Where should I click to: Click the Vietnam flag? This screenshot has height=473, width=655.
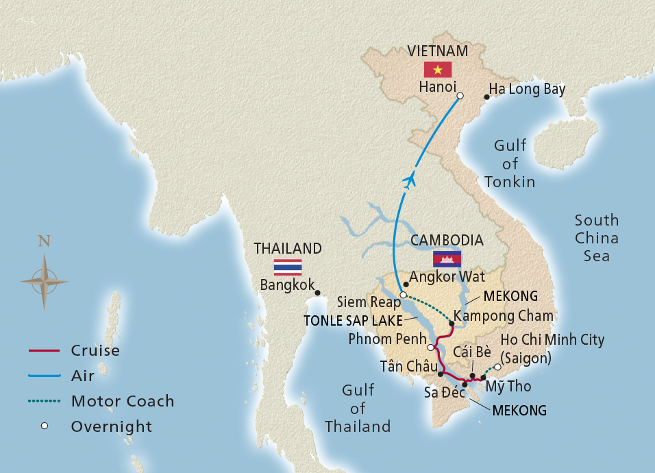click(x=438, y=69)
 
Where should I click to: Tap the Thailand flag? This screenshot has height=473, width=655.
click(x=288, y=267)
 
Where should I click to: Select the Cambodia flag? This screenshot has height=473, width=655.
click(x=447, y=258)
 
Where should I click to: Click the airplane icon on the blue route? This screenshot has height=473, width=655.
click(x=410, y=181)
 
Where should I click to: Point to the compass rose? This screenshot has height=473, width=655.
click(x=45, y=280)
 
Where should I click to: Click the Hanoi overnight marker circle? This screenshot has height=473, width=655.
click(x=460, y=96)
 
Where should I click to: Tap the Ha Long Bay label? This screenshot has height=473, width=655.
click(x=527, y=89)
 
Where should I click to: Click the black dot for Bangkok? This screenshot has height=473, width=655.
click(x=318, y=293)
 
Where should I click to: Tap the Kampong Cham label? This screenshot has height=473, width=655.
click(x=504, y=317)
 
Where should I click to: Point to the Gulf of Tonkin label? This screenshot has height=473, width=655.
click(x=510, y=163)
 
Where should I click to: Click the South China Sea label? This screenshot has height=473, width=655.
click(x=596, y=238)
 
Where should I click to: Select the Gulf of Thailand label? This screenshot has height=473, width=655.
click(x=358, y=408)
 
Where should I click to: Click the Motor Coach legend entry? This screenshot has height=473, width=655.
click(x=123, y=401)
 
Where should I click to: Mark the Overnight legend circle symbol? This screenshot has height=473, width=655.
click(x=45, y=426)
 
